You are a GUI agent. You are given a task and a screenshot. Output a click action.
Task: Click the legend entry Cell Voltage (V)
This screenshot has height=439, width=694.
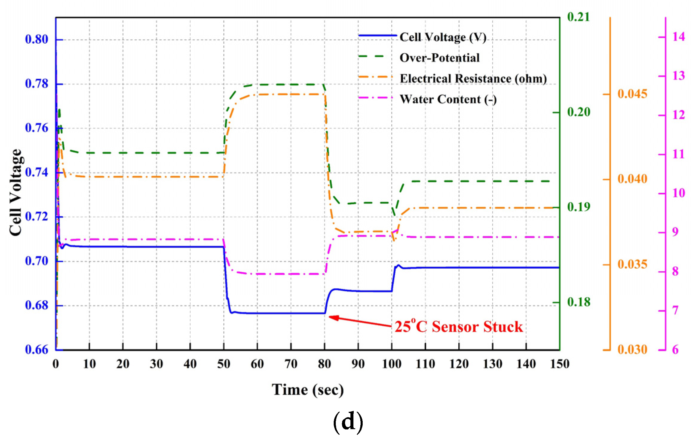click(443, 37)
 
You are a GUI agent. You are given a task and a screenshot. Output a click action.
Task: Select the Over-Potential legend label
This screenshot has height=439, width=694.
click(439, 58)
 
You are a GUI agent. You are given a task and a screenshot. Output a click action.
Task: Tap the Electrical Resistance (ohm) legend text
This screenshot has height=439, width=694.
click(473, 79)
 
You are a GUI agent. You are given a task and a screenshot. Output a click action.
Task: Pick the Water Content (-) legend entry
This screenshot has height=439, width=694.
click(448, 99)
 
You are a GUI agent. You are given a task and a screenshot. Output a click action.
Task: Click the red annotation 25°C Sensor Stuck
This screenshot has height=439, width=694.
click(459, 326)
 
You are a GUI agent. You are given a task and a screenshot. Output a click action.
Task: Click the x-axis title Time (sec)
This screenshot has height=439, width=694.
click(308, 390)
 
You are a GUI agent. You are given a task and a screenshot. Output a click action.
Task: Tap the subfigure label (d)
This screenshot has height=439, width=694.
click(348, 422)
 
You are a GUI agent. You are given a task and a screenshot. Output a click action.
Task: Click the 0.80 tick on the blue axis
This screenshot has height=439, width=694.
click(36, 39)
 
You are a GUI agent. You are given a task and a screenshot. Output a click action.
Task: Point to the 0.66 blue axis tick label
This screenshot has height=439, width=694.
click(36, 349)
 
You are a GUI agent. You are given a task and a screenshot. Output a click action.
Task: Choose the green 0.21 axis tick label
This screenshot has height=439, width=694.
click(579, 17)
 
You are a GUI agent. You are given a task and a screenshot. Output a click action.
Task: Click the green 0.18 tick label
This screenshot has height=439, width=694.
click(579, 302)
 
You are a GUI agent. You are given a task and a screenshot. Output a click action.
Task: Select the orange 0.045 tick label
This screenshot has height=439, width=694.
click(632, 94)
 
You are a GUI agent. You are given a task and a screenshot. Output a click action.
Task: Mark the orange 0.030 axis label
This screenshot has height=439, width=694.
click(632, 349)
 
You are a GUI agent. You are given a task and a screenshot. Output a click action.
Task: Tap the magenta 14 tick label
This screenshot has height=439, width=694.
click(679, 37)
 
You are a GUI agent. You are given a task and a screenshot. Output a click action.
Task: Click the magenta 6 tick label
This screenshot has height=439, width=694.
click(675, 350)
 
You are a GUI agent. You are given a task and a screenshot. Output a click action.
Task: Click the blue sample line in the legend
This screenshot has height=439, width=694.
click(378, 36)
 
